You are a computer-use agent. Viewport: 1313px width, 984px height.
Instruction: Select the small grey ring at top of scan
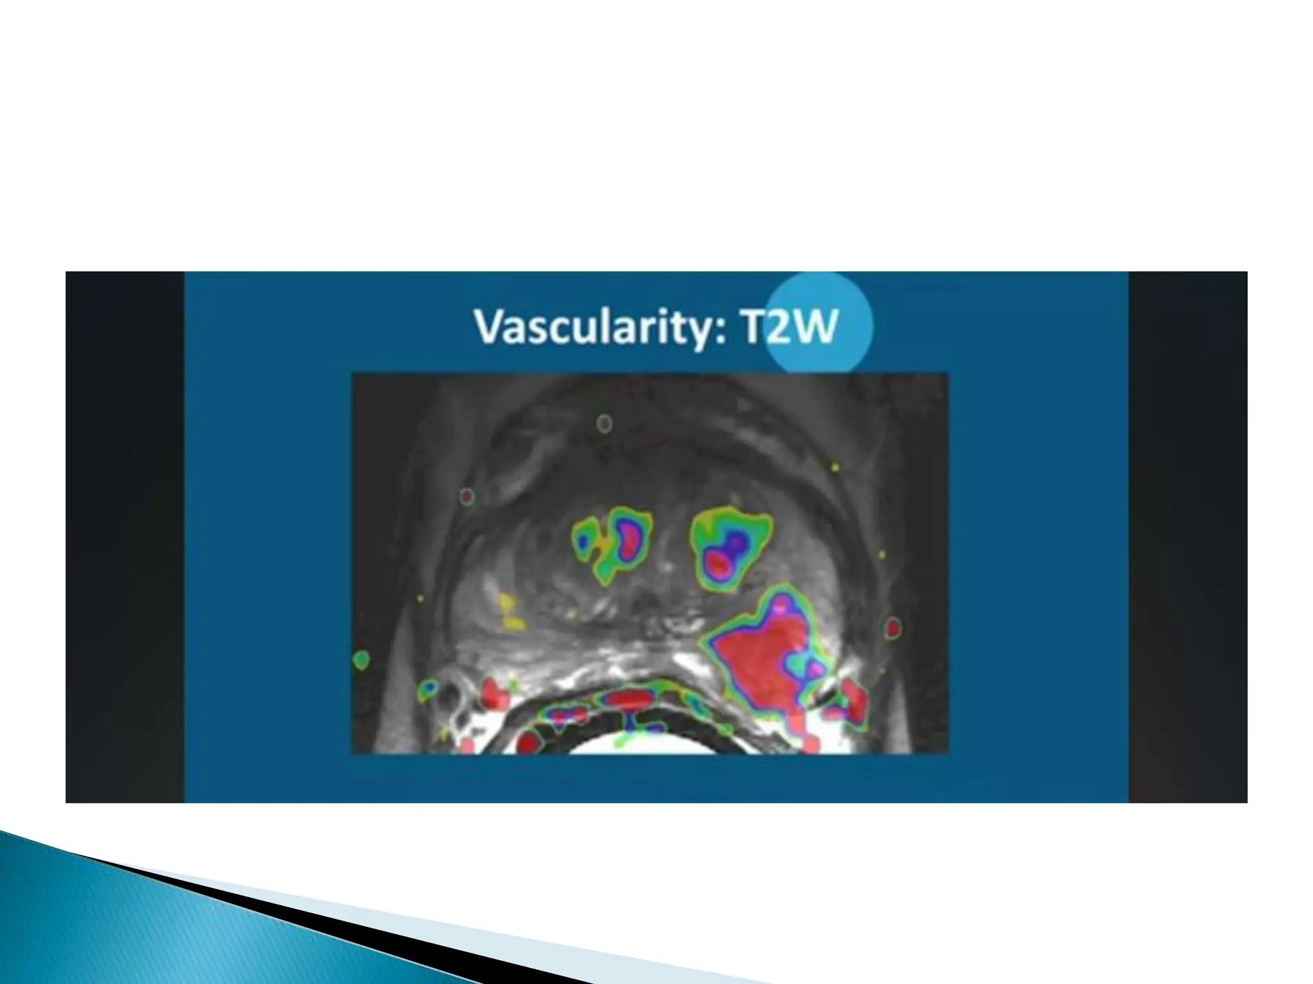coord(604,423)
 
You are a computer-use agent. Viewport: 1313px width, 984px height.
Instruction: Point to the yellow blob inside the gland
coord(510,612)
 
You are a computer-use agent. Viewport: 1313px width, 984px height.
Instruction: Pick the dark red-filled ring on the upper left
coord(467,496)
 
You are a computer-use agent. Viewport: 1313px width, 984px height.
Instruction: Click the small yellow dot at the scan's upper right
coord(835,468)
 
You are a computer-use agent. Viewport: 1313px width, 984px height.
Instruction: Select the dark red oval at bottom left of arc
coord(527,742)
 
